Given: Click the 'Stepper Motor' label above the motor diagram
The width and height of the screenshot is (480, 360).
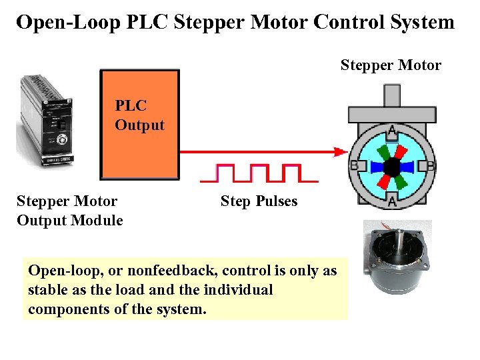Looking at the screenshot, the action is [x=391, y=65].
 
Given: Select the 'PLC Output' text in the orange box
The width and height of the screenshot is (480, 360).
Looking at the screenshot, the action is [x=139, y=115].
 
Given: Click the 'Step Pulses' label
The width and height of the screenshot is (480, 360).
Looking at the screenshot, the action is [x=259, y=201].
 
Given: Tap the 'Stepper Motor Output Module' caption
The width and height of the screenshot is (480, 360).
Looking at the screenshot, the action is [x=69, y=211].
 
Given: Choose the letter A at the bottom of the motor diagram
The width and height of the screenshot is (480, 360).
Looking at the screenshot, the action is [x=392, y=201].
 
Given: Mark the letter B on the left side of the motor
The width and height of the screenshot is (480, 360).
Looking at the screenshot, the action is [x=355, y=165].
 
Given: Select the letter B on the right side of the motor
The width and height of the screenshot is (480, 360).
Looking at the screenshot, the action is [x=431, y=165].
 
